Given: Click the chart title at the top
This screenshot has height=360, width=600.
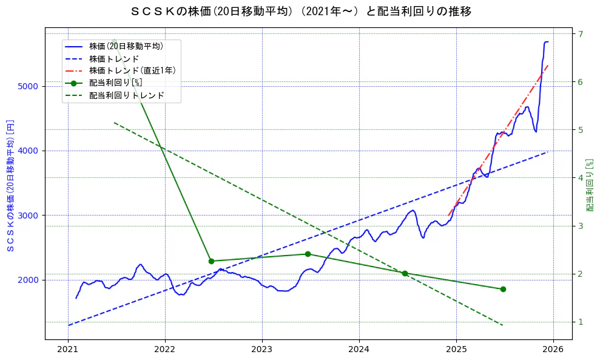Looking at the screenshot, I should pyautogui.click(x=301, y=11).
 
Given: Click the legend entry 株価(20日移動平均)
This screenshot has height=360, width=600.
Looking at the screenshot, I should pyautogui.click(x=126, y=46).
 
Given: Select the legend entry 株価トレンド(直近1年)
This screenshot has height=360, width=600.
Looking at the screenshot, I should pyautogui.click(x=132, y=70).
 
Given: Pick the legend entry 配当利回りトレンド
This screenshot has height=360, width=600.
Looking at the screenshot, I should pyautogui.click(x=126, y=95).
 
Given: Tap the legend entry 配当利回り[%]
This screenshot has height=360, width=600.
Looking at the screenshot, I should pyautogui.click(x=115, y=83).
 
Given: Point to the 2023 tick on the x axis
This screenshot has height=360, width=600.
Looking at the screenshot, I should pyautogui.click(x=262, y=350).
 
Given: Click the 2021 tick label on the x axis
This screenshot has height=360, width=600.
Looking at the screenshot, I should pyautogui.click(x=68, y=350).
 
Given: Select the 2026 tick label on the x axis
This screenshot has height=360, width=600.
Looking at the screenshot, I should pyautogui.click(x=553, y=350).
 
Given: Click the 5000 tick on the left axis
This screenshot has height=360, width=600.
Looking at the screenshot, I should pyautogui.click(x=29, y=86).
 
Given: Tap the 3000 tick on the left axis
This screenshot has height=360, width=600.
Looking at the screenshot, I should pyautogui.click(x=29, y=216).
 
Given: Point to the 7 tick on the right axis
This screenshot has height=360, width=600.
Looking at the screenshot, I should pyautogui.click(x=580, y=34).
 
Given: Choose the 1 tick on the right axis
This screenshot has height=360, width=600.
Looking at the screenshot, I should pyautogui.click(x=580, y=322).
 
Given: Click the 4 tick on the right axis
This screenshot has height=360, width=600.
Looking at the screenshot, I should pyautogui.click(x=580, y=178).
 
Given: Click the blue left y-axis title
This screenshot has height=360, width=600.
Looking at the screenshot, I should pyautogui.click(x=10, y=185).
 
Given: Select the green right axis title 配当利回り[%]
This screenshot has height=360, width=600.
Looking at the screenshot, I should pyautogui.click(x=590, y=185).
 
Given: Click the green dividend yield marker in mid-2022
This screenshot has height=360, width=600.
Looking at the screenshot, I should pyautogui.click(x=211, y=261).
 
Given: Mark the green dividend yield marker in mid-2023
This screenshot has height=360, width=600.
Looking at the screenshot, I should pyautogui.click(x=308, y=254).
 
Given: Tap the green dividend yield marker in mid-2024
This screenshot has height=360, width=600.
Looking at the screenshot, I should pyautogui.click(x=405, y=273).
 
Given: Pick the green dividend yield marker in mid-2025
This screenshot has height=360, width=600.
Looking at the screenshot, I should pyautogui.click(x=503, y=289).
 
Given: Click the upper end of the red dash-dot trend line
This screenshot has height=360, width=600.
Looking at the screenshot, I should pyautogui.click(x=548, y=64).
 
